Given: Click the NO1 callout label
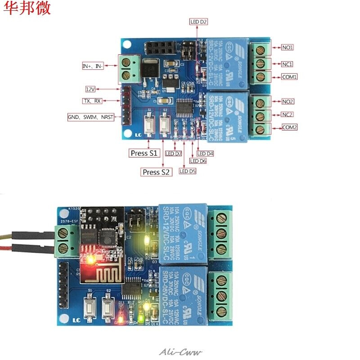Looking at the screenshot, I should coord(288,47).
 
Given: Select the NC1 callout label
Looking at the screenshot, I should coord(288,64).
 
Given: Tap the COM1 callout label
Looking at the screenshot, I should coord(289,77).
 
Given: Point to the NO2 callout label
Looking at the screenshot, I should coord(288,102).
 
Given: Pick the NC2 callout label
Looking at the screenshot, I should coord(288,114).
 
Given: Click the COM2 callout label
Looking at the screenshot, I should coord(289,127).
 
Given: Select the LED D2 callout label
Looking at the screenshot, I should coord(198,22).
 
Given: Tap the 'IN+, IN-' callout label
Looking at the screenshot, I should coord(93,66).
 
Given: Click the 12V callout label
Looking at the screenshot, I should coord(91,89).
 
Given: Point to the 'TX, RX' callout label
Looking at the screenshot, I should coord(92,101).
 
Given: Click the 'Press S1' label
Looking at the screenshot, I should coord(144,153).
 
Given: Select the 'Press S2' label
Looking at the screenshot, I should coord(157,172).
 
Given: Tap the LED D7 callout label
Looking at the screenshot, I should coord(173,153).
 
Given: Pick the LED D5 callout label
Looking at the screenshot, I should coord(188,171).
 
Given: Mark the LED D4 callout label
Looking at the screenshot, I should coord(205,153).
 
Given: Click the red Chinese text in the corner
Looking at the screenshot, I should coord(28,9).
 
